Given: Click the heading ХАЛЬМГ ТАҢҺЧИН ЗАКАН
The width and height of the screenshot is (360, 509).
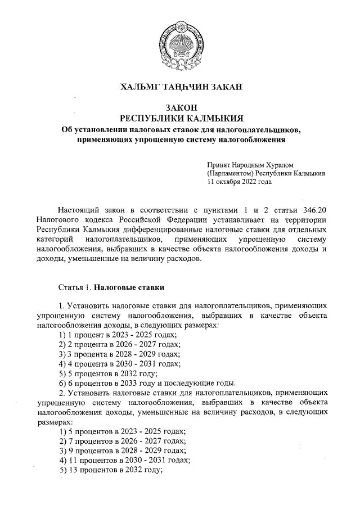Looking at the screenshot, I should (181, 86).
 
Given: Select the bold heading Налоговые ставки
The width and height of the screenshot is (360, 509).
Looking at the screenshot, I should (129, 288).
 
